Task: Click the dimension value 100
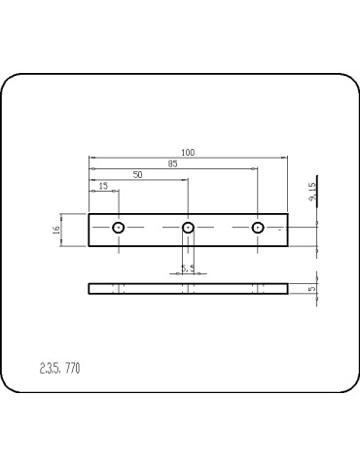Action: pos(187,152)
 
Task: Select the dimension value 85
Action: pos(172,163)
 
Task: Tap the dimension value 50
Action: pos(137,174)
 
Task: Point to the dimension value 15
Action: pos(103,185)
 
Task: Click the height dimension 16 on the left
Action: pos(56,230)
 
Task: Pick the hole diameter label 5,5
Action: pos(188,268)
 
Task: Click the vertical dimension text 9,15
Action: pos(312,192)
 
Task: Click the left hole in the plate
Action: pos(118,228)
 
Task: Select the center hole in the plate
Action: pos(188,228)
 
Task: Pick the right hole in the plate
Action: pos(258,228)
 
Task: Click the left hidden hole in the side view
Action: pos(118,288)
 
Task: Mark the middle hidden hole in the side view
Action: pos(188,288)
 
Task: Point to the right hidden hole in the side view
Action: pos(258,288)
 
